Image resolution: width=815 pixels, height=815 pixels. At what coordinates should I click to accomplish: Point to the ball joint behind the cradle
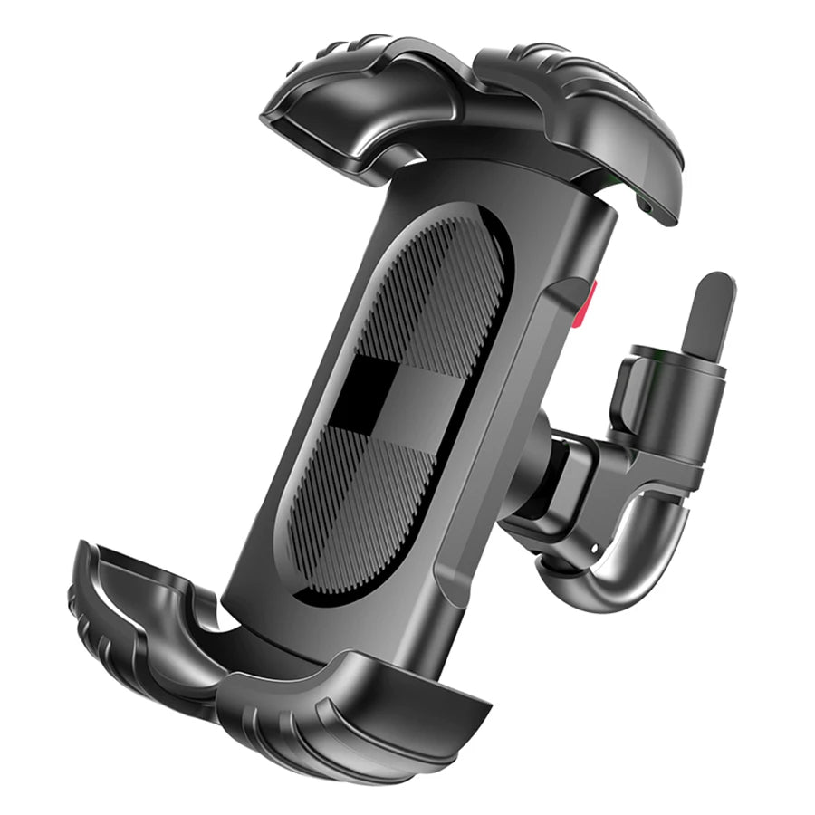point(543,453)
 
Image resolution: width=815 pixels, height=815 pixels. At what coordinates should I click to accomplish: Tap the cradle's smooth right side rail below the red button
point(507,471)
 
